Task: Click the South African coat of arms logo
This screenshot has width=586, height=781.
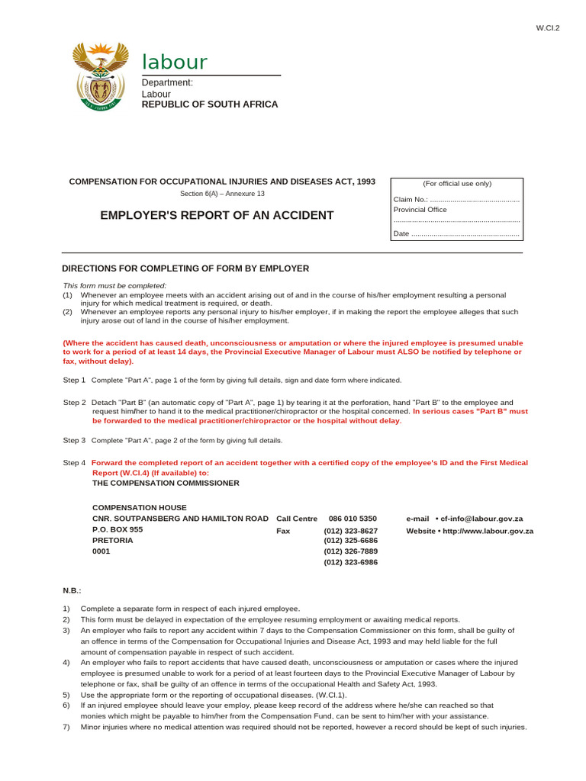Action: pyautogui.click(x=97, y=76)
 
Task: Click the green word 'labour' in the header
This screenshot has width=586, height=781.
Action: pyautogui.click(x=175, y=63)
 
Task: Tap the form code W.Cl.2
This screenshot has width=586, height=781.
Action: pyautogui.click(x=548, y=28)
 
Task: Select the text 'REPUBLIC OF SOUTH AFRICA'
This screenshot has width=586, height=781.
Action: pyautogui.click(x=210, y=104)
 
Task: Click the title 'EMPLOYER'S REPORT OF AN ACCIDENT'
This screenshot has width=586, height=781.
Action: pyautogui.click(x=217, y=216)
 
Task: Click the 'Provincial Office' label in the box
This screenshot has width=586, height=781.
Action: pyautogui.click(x=420, y=210)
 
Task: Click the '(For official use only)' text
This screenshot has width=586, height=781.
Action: pyautogui.click(x=457, y=184)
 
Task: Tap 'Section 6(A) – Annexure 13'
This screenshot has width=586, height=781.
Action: pyautogui.click(x=222, y=194)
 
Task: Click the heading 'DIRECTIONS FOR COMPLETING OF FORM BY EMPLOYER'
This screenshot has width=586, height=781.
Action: pyautogui.click(x=185, y=268)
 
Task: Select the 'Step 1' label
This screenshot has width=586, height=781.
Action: pyautogui.click(x=74, y=380)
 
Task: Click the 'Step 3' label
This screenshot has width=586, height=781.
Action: pyautogui.click(x=74, y=440)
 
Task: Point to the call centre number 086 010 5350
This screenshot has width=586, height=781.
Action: pyautogui.click(x=353, y=519)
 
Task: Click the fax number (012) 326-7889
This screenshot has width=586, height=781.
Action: pyautogui.click(x=350, y=551)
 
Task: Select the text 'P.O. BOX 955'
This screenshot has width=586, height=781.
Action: pyautogui.click(x=118, y=529)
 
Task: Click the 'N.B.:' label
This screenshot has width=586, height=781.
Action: pyautogui.click(x=72, y=590)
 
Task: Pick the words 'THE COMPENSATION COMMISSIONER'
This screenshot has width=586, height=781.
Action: pyautogui.click(x=166, y=483)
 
